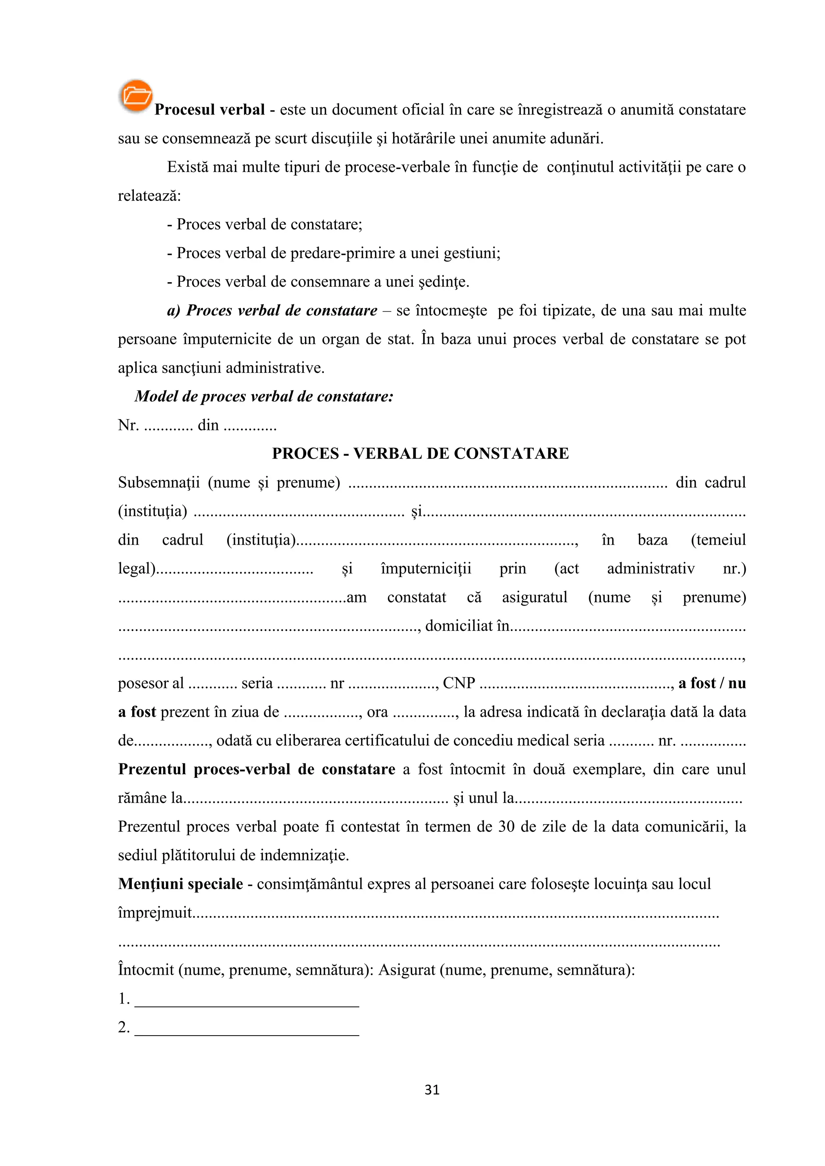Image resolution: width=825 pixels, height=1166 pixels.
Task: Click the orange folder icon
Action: click(x=136, y=95)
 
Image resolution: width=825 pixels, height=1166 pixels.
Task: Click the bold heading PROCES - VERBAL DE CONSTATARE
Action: click(x=420, y=453)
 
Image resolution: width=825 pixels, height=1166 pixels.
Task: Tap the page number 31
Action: click(x=432, y=1090)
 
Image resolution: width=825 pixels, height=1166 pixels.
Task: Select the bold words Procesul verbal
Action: click(x=209, y=110)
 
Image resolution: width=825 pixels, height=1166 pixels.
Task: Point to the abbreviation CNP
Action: click(x=459, y=683)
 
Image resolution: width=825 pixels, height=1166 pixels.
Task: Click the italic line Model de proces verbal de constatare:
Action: click(x=264, y=396)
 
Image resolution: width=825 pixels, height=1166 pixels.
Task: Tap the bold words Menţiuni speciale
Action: click(x=180, y=884)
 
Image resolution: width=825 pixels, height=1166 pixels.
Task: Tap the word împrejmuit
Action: click(x=155, y=913)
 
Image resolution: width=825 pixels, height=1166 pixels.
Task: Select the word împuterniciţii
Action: click(x=426, y=568)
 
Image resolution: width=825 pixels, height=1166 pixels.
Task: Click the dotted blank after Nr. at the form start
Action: click(x=168, y=426)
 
